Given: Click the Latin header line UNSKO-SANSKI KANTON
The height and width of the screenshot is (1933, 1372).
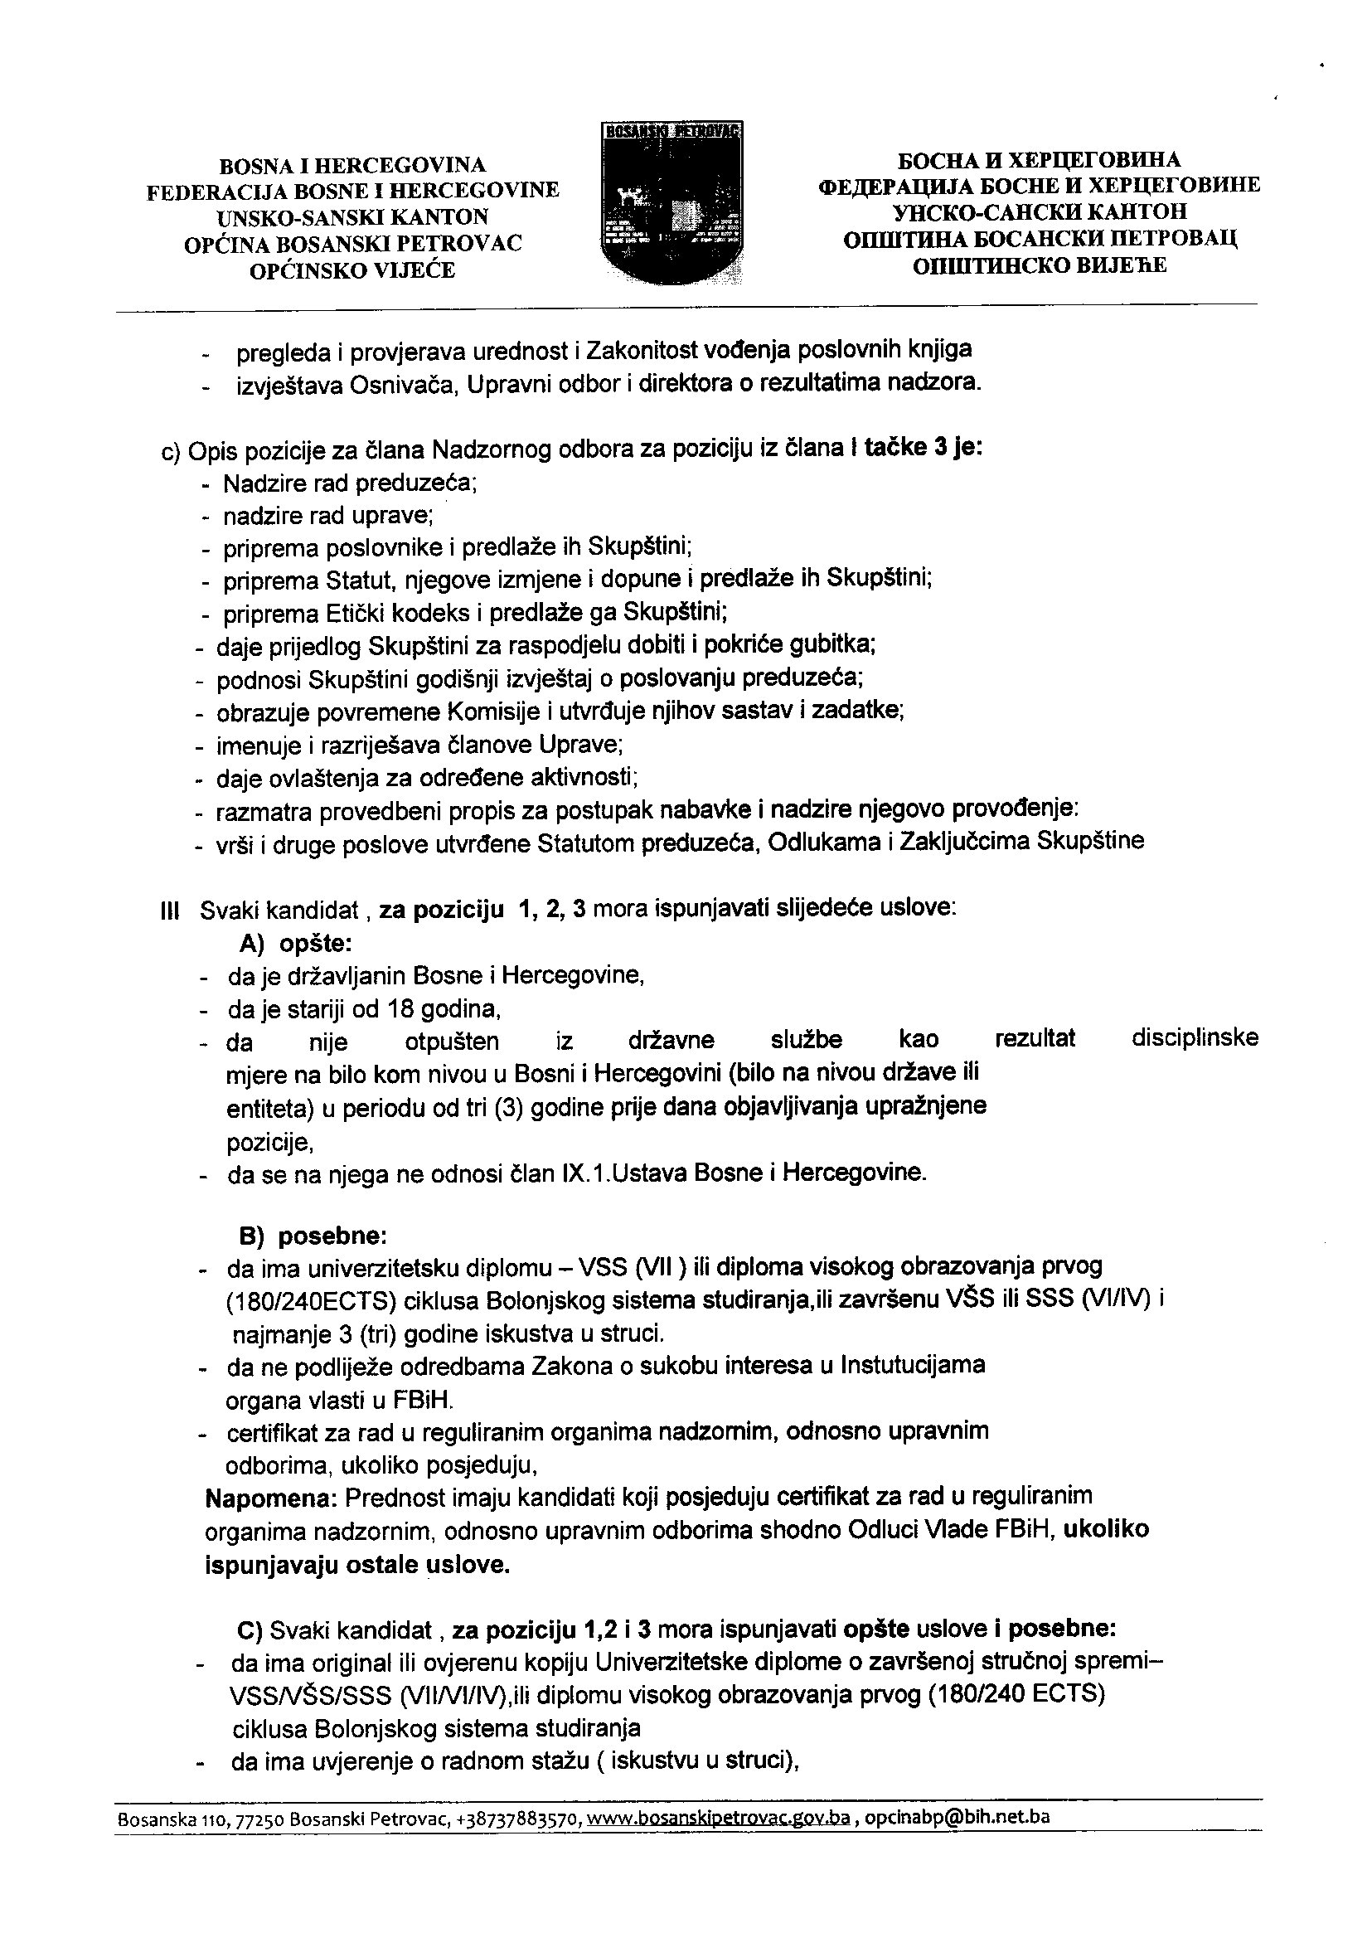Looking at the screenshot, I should pyautogui.click(x=352, y=216).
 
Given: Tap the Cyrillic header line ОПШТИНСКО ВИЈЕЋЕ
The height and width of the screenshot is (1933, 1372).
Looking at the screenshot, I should pyautogui.click(x=1039, y=266).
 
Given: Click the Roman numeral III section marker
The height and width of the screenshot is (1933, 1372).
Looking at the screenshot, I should pyautogui.click(x=170, y=911).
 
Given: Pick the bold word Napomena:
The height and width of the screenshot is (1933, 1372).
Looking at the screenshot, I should pyautogui.click(x=271, y=1496).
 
